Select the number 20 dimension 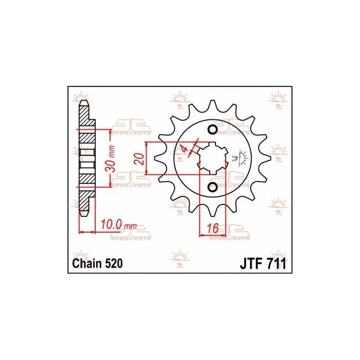(139, 158)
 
